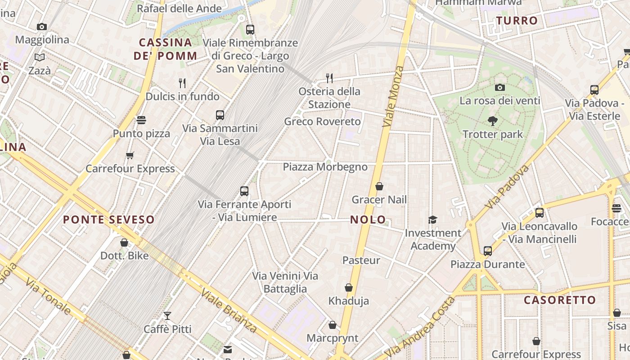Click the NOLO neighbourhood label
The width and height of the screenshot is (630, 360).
(x=368, y=220)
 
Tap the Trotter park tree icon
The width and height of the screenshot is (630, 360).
(x=493, y=121)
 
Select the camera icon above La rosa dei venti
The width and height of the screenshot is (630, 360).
(x=499, y=87)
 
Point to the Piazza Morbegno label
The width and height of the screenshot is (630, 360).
(x=325, y=167)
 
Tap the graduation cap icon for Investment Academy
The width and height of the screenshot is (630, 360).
(x=432, y=220)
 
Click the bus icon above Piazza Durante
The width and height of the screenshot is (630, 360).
(x=488, y=251)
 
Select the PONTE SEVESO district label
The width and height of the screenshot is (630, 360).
(x=108, y=220)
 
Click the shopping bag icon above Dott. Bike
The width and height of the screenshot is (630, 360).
(x=124, y=243)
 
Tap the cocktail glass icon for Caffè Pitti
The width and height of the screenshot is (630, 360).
(x=167, y=315)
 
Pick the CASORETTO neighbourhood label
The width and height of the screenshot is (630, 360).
(x=560, y=300)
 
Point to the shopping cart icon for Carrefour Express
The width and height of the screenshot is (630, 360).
(x=130, y=155)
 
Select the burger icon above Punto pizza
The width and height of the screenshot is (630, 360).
(x=141, y=120)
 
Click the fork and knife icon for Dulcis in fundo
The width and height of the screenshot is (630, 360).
(x=182, y=83)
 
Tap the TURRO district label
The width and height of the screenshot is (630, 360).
(x=517, y=20)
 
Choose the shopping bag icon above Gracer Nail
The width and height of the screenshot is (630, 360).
(x=379, y=186)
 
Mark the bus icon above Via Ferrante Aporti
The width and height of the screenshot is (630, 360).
(x=244, y=191)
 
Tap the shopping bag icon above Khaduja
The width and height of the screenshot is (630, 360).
(x=349, y=288)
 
